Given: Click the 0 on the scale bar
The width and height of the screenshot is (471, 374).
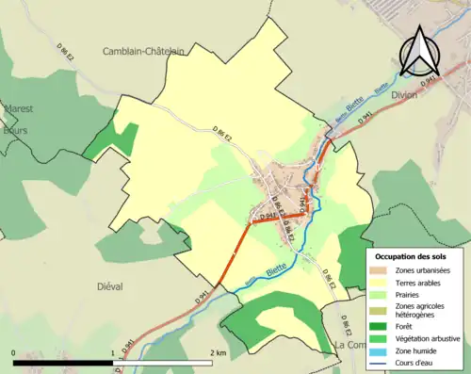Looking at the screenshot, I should tap(14, 354).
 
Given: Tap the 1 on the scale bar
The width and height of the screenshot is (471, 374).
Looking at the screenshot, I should tap(113, 354).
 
